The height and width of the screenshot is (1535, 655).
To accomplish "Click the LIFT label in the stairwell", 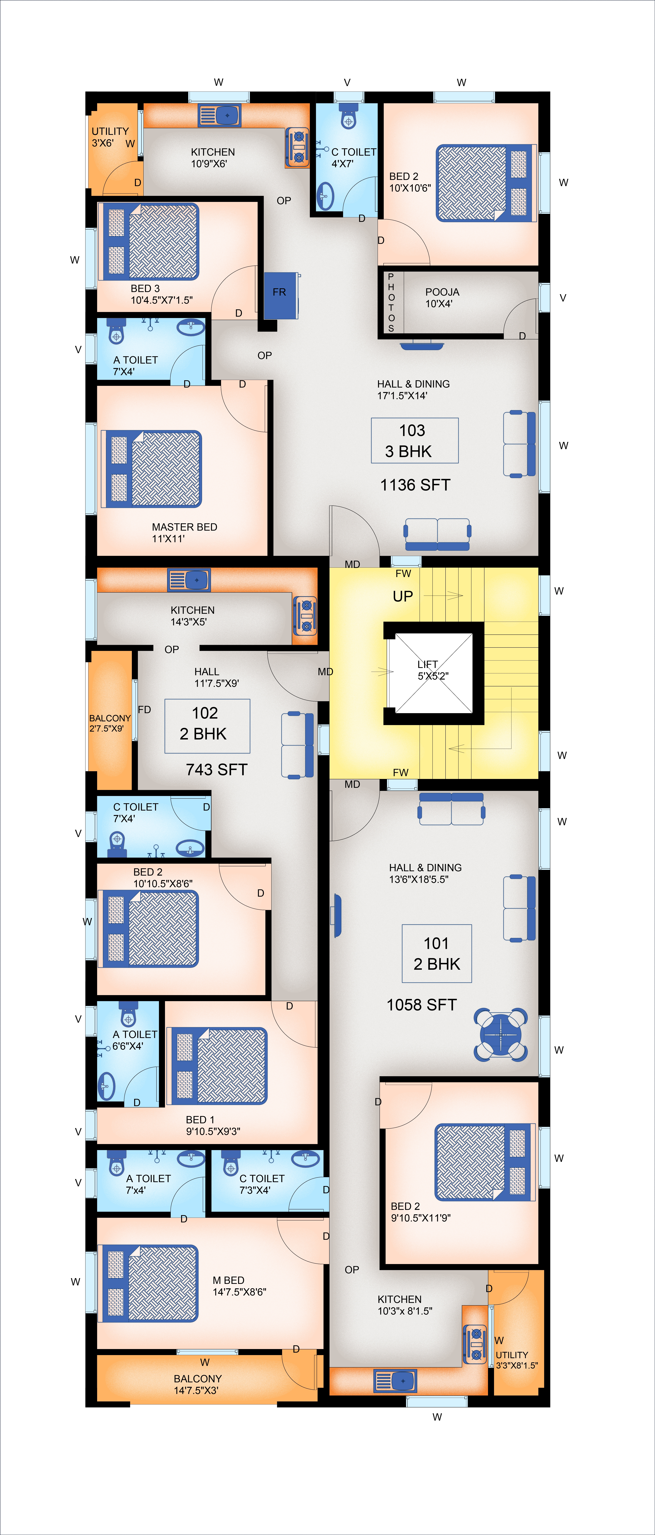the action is (428, 664).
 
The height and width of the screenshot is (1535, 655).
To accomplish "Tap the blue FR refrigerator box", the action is (280, 296).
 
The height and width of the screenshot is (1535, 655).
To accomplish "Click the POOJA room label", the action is (442, 292).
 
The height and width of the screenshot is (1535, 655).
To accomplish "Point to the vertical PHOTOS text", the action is (391, 302).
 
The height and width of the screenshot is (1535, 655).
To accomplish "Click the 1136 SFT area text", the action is (415, 485).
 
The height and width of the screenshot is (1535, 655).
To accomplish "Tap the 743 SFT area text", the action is (216, 770).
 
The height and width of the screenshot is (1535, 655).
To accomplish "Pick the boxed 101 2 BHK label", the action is (437, 953).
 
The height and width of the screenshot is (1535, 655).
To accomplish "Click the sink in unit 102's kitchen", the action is (189, 580).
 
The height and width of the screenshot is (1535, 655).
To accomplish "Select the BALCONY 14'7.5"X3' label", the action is (197, 1384).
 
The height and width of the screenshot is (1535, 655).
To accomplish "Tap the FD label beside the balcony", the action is (144, 710).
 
